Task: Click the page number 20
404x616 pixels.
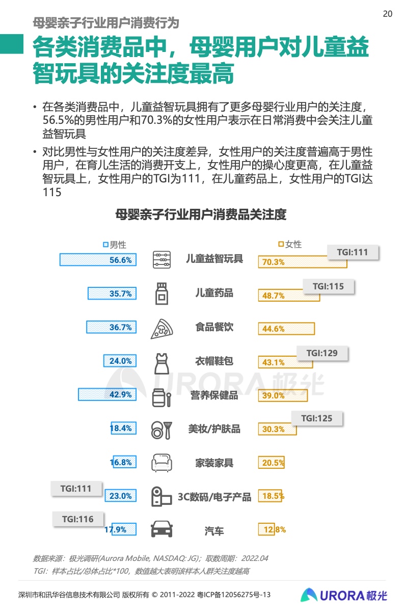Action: [387, 14]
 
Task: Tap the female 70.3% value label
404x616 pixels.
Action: [274, 262]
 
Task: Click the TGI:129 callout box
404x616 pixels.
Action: [321, 353]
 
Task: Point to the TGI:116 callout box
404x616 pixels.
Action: [78, 519]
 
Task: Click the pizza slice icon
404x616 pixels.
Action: [161, 328]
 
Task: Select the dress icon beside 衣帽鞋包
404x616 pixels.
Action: [161, 362]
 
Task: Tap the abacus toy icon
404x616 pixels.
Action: [161, 259]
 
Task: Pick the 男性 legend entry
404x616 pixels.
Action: [115, 245]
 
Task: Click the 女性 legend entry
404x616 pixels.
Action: [290, 245]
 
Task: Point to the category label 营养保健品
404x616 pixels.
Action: [214, 395]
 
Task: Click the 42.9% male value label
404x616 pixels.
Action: [121, 395]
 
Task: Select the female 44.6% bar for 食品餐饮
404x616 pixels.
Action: [286, 329]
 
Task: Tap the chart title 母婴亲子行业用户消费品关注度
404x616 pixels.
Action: [201, 215]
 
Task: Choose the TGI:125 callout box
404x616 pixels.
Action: [316, 418]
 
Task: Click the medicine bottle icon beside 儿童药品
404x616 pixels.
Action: [161, 293]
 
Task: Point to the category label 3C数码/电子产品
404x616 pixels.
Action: [214, 497]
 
